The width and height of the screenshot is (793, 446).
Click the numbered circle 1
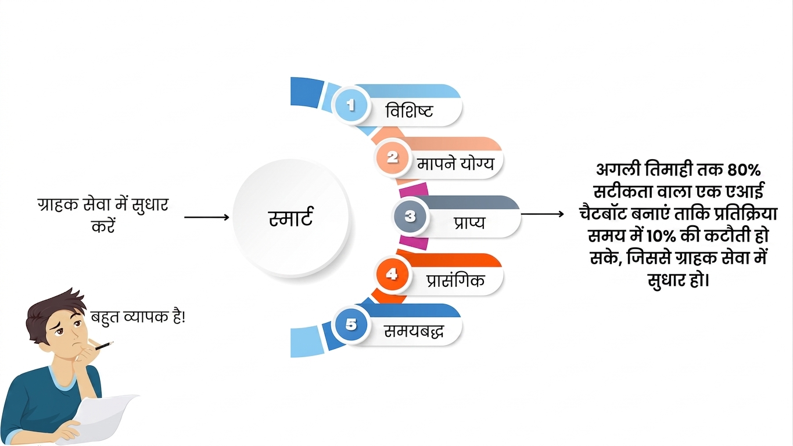(x=350, y=105)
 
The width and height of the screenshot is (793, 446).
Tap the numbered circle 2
(x=392, y=157)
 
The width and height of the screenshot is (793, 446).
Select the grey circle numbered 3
(x=410, y=216)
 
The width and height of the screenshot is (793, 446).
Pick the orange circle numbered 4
(x=392, y=274)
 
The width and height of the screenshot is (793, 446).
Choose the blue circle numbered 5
(x=351, y=325)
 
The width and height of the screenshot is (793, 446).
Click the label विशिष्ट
(x=409, y=110)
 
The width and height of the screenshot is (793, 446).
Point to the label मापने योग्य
(x=455, y=164)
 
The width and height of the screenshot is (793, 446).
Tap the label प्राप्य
(x=469, y=222)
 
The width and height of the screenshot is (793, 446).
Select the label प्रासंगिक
(x=455, y=280)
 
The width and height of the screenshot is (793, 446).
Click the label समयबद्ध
(x=414, y=332)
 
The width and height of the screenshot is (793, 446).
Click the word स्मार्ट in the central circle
(x=290, y=217)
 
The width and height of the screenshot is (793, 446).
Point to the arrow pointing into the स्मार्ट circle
(x=207, y=217)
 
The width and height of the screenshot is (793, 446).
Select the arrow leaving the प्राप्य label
(x=543, y=214)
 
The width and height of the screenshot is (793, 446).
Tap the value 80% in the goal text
(x=744, y=170)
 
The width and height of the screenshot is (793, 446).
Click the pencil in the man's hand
(x=104, y=346)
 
